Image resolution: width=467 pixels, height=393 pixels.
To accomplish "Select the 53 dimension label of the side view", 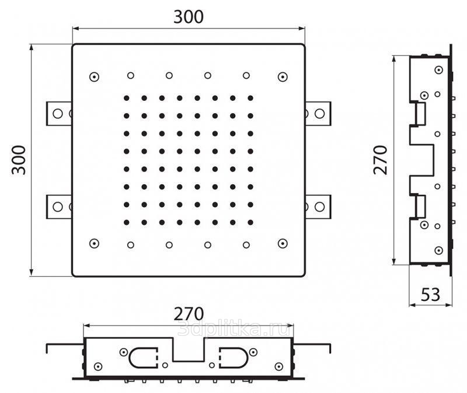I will (x=430, y=294).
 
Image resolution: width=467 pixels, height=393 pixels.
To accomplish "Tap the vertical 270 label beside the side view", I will (x=381, y=160).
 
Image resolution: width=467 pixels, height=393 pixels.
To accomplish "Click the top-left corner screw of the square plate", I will (x=93, y=77).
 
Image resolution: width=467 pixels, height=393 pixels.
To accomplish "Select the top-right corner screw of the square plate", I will (x=283, y=77).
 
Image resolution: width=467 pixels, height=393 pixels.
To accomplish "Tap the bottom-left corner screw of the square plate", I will (x=93, y=243).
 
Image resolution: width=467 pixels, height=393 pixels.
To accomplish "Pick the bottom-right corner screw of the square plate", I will (x=283, y=243).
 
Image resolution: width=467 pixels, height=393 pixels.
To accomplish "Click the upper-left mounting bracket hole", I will (x=57, y=113).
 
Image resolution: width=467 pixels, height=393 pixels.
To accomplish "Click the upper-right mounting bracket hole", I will (x=319, y=113).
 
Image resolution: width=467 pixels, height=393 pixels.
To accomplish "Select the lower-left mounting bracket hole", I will (x=57, y=206).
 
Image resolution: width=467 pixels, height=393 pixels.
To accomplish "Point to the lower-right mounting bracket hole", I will (x=319, y=206).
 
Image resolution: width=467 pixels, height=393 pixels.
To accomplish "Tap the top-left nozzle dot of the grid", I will (x=126, y=98).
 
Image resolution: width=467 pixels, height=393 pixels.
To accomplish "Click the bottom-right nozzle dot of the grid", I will (x=250, y=222).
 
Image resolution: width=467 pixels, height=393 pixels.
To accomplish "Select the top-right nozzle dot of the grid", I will (x=250, y=98).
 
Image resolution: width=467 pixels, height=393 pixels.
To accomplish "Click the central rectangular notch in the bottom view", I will (x=188, y=349).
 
